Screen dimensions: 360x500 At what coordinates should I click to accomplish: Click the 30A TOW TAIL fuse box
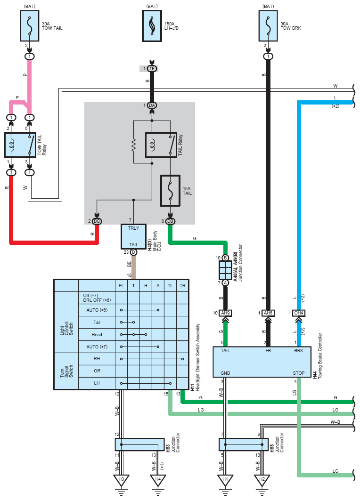click(30, 26)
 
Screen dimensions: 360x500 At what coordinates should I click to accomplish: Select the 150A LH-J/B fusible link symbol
click(152, 26)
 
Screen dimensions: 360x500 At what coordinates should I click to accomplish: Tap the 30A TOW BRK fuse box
click(268, 26)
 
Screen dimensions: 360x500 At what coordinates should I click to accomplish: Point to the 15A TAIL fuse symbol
click(171, 191)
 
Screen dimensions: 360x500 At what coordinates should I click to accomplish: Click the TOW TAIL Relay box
click(20, 145)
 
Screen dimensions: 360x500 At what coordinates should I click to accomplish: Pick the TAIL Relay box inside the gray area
click(161, 145)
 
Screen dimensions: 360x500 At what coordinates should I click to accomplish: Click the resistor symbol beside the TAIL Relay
click(134, 145)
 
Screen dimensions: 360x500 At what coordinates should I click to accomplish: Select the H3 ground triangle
click(121, 480)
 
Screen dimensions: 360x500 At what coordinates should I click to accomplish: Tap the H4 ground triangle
click(158, 480)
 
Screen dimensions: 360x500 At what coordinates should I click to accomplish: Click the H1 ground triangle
click(225, 480)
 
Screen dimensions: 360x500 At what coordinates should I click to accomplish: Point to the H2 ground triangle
click(262, 480)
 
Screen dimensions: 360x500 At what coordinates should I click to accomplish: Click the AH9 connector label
click(225, 313)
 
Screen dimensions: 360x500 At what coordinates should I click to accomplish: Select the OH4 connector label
click(299, 313)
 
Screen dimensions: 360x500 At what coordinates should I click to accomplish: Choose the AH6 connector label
click(268, 313)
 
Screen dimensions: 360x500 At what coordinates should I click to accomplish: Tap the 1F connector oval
click(152, 69)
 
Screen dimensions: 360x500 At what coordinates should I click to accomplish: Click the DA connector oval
click(152, 105)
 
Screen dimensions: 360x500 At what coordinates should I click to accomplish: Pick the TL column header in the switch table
click(170, 286)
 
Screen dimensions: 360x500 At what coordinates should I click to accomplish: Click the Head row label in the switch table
click(97, 334)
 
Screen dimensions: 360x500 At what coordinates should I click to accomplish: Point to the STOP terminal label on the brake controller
click(299, 373)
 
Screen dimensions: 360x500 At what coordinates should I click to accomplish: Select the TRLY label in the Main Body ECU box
click(133, 228)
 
